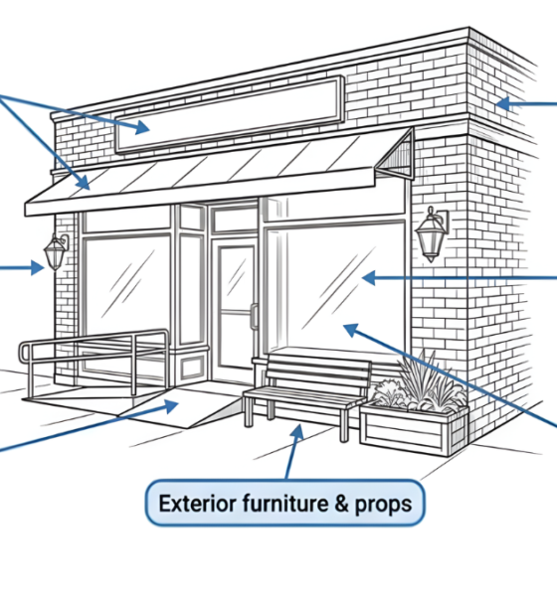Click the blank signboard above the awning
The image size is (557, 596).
[229, 113]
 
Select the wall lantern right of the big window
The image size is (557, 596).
[431, 234]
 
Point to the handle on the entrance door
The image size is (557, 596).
[253, 316]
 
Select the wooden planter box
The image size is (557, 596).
[413, 427]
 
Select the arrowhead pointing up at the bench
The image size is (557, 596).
[295, 431]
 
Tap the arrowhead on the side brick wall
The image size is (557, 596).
[501, 102]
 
